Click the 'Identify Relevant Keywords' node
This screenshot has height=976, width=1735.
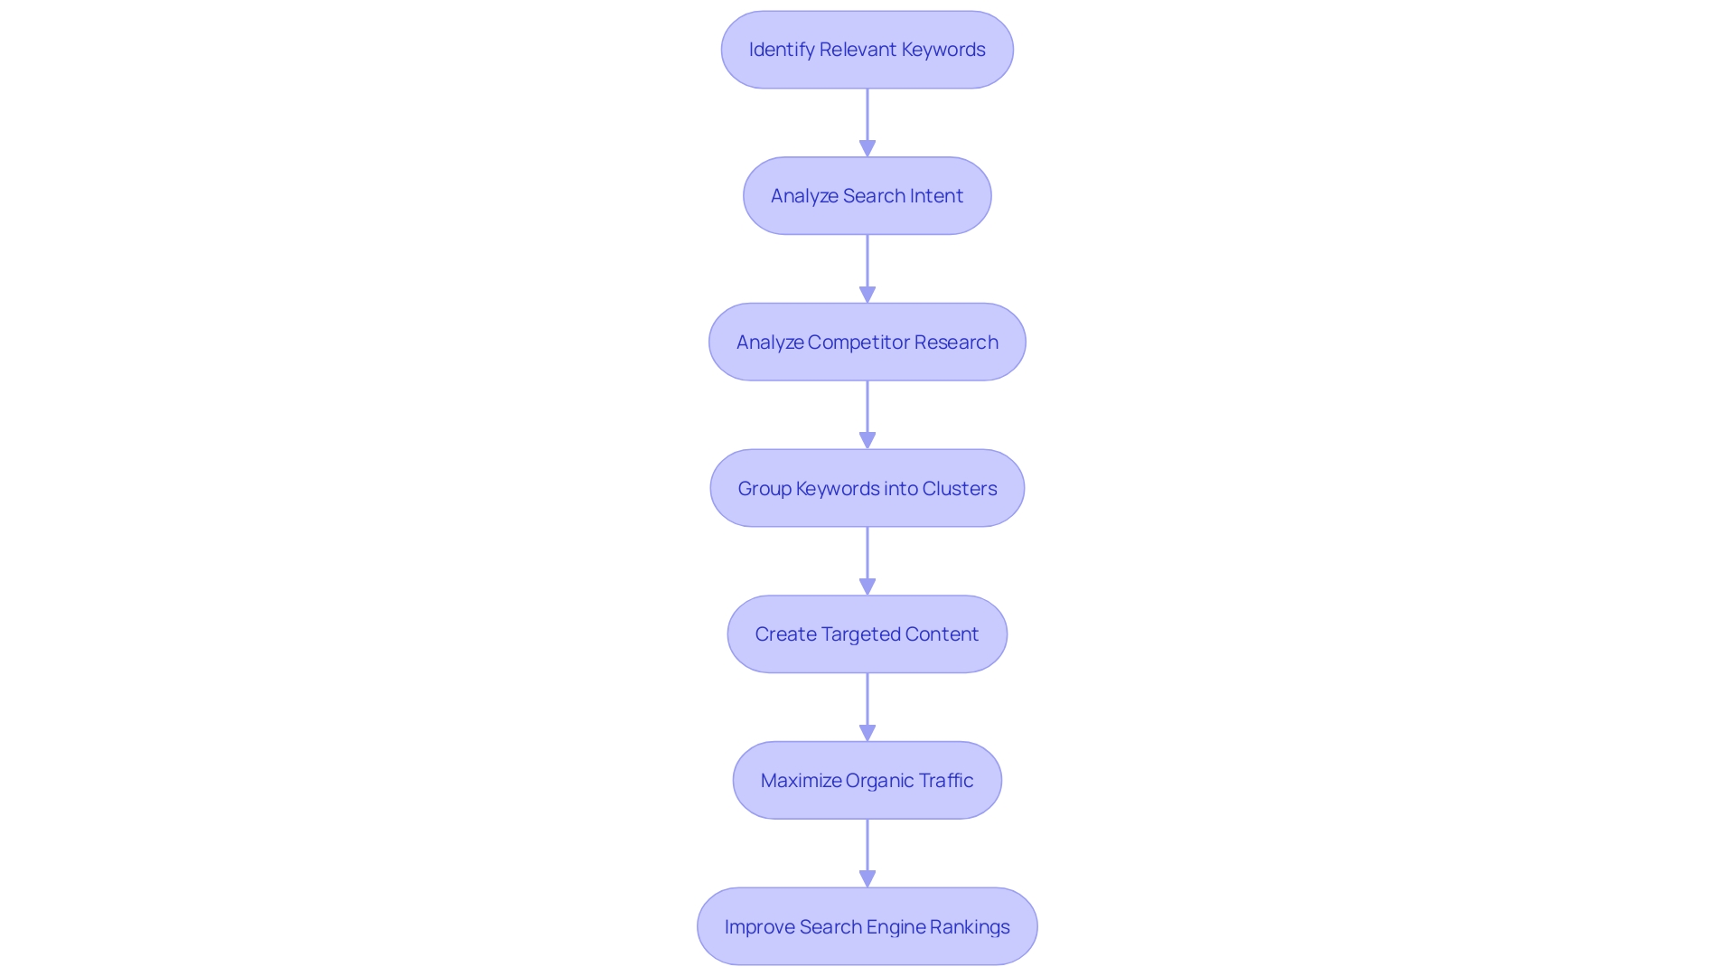coord(867,50)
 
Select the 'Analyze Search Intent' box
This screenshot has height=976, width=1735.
coord(867,196)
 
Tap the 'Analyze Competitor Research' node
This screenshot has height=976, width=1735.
coord(867,342)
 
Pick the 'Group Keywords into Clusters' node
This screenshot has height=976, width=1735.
coord(867,488)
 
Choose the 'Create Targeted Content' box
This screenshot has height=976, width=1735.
coord(867,634)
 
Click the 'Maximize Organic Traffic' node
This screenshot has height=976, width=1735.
coord(867,781)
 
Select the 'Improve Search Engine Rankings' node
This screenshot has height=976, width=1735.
coord(867,926)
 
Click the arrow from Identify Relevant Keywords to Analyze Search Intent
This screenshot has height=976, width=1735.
coord(867,122)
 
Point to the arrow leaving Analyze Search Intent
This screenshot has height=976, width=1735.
coord(867,268)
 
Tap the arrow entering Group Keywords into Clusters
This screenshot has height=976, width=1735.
coord(867,415)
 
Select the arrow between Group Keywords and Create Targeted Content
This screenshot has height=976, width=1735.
coord(867,560)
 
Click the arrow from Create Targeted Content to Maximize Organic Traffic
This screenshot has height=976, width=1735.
coord(867,707)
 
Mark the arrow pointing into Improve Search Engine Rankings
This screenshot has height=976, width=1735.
coord(867,853)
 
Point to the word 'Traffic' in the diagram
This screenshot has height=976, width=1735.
coord(945,781)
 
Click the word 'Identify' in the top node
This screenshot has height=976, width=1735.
coord(782,50)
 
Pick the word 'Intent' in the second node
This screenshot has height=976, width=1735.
coord(936,196)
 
